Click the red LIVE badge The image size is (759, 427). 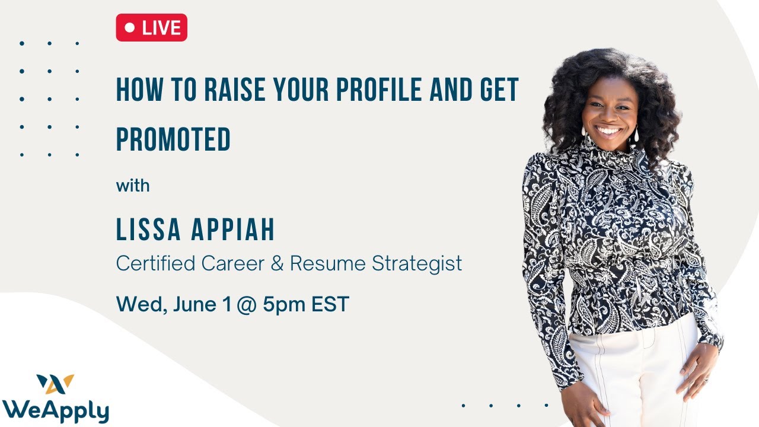pos(151,28)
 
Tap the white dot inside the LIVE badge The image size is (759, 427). pos(130,28)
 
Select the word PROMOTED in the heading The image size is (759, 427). pos(173,139)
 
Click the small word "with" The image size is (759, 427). pos(133,186)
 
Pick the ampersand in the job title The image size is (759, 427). pos(277,263)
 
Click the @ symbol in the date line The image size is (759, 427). pos(245,305)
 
